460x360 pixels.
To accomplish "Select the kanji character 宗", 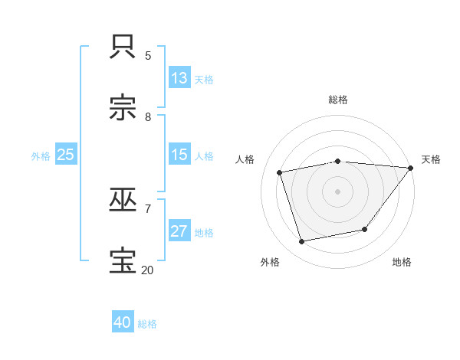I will (123, 108).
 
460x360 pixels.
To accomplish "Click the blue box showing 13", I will (179, 78).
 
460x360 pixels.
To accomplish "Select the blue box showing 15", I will (179, 155).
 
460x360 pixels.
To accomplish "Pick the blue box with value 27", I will (179, 231).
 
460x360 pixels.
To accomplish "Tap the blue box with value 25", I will (66, 155).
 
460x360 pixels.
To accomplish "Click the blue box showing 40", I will (123, 322).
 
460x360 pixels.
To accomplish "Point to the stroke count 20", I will (147, 270).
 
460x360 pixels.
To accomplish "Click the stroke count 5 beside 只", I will (148, 56).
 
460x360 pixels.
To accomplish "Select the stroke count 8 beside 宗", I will (148, 116).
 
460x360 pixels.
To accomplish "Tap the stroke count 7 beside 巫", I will (148, 208).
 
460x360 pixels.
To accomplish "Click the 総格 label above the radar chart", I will (338, 100).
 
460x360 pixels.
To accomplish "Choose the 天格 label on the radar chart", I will (431, 159).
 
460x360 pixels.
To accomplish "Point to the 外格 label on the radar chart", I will (270, 262).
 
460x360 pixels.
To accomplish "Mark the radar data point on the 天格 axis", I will (410, 168).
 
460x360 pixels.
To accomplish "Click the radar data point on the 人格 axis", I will (280, 172).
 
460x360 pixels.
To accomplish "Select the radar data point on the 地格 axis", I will (365, 229).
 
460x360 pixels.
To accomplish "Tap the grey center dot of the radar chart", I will (337, 191).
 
